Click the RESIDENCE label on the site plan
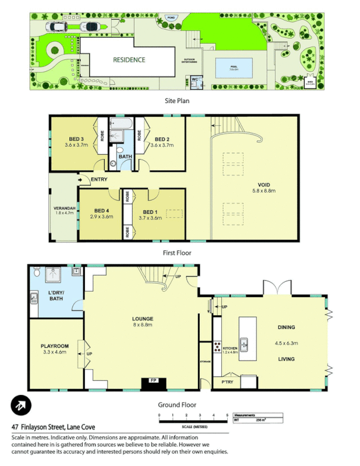(129, 59)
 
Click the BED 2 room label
(163, 139)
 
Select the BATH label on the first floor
(125, 157)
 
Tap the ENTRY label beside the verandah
(99, 179)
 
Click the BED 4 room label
(101, 210)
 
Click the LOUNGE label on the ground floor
(142, 319)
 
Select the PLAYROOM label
(55, 345)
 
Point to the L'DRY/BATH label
(57, 295)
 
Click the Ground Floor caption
(177, 404)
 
